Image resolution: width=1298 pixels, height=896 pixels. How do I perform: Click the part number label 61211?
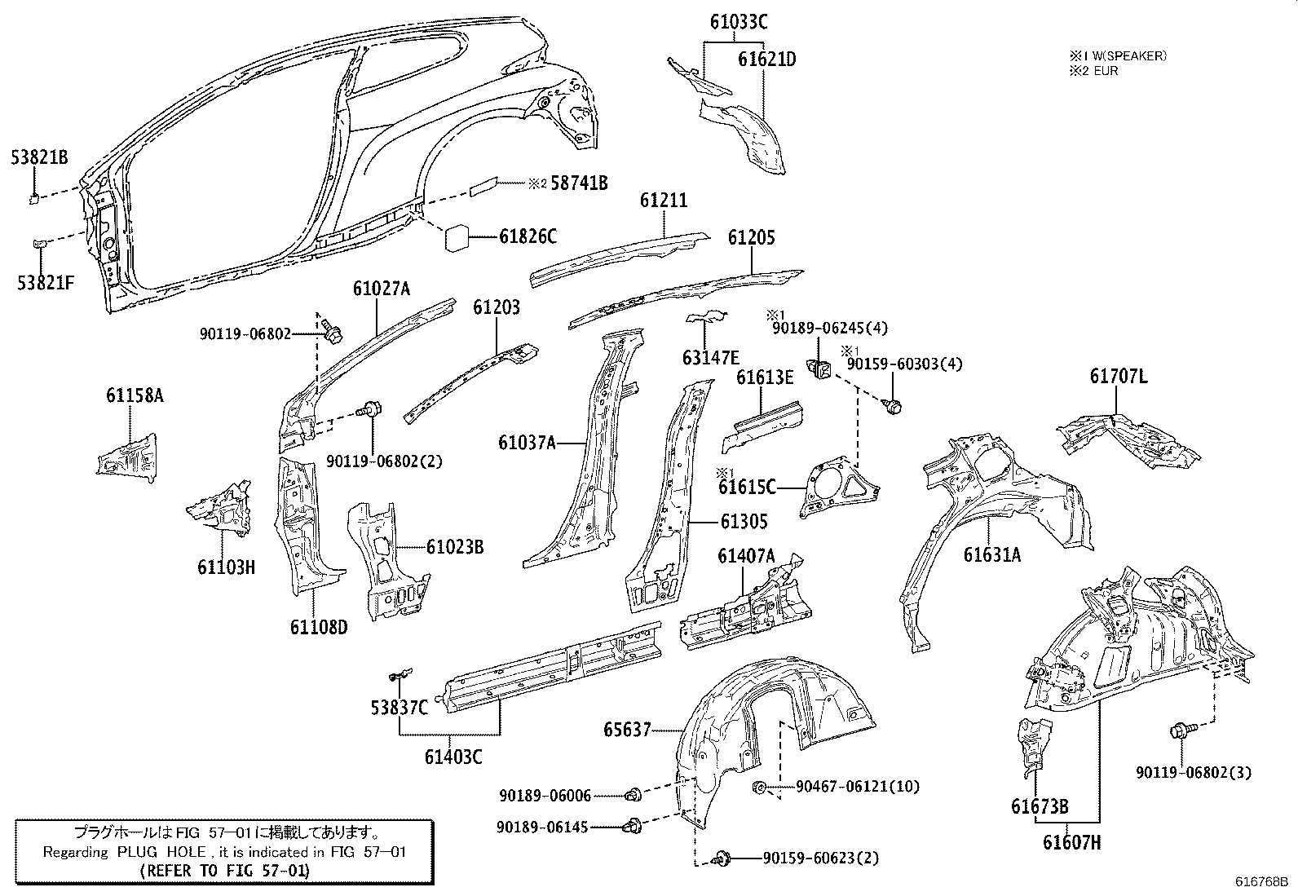663,201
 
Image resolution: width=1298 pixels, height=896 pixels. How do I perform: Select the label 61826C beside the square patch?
528,237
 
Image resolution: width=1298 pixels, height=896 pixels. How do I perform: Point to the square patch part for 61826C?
457,237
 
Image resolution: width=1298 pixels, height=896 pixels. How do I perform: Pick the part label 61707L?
1118,376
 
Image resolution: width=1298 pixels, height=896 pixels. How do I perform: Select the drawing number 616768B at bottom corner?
1261,882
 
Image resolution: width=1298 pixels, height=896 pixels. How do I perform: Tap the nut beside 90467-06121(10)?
759,787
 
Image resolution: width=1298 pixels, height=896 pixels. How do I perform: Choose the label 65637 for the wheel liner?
627,730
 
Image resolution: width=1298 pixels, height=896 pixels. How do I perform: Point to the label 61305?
744,521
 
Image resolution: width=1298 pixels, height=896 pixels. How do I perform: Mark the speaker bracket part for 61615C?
840,488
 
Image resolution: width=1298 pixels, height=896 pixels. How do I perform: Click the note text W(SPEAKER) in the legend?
1128,56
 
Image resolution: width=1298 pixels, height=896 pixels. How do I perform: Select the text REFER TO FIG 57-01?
225,871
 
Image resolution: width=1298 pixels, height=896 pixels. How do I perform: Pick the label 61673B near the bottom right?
1040,807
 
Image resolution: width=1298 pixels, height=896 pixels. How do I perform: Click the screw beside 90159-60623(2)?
721,858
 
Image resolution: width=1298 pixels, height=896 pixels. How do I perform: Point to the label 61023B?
454,547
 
